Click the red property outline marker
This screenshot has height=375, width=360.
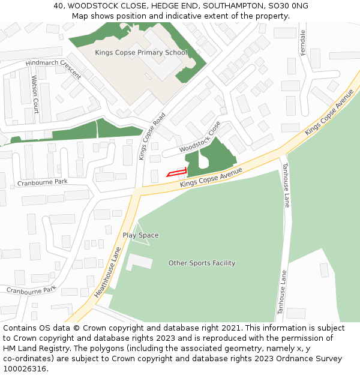(176, 173)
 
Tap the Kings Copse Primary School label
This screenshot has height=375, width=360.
(141, 53)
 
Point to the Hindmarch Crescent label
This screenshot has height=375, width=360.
(53, 70)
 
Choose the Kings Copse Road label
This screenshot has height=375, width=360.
(151, 136)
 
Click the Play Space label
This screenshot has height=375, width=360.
(140, 235)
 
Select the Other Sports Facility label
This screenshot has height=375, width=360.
(202, 263)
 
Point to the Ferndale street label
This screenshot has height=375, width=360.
(303, 43)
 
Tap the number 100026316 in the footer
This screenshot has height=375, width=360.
(25, 368)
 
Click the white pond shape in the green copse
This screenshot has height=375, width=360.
(203, 157)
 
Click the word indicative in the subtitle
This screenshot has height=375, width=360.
(181, 16)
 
